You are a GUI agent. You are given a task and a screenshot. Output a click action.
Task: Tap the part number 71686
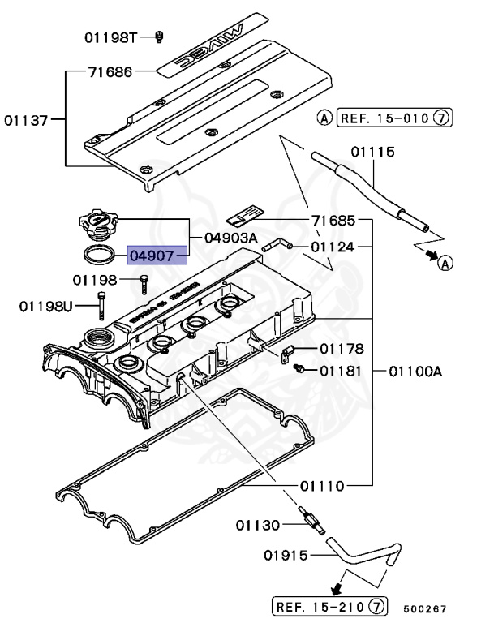(110, 72)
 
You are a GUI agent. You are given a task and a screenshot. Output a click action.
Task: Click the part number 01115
(372, 152)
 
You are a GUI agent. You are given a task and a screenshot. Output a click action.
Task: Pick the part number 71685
(333, 221)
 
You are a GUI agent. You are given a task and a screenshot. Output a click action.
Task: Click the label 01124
(333, 247)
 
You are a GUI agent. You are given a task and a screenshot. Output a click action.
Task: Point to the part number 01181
(341, 371)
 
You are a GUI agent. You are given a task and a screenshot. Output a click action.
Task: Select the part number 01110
(322, 486)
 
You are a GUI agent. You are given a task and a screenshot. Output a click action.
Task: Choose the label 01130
(259, 525)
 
